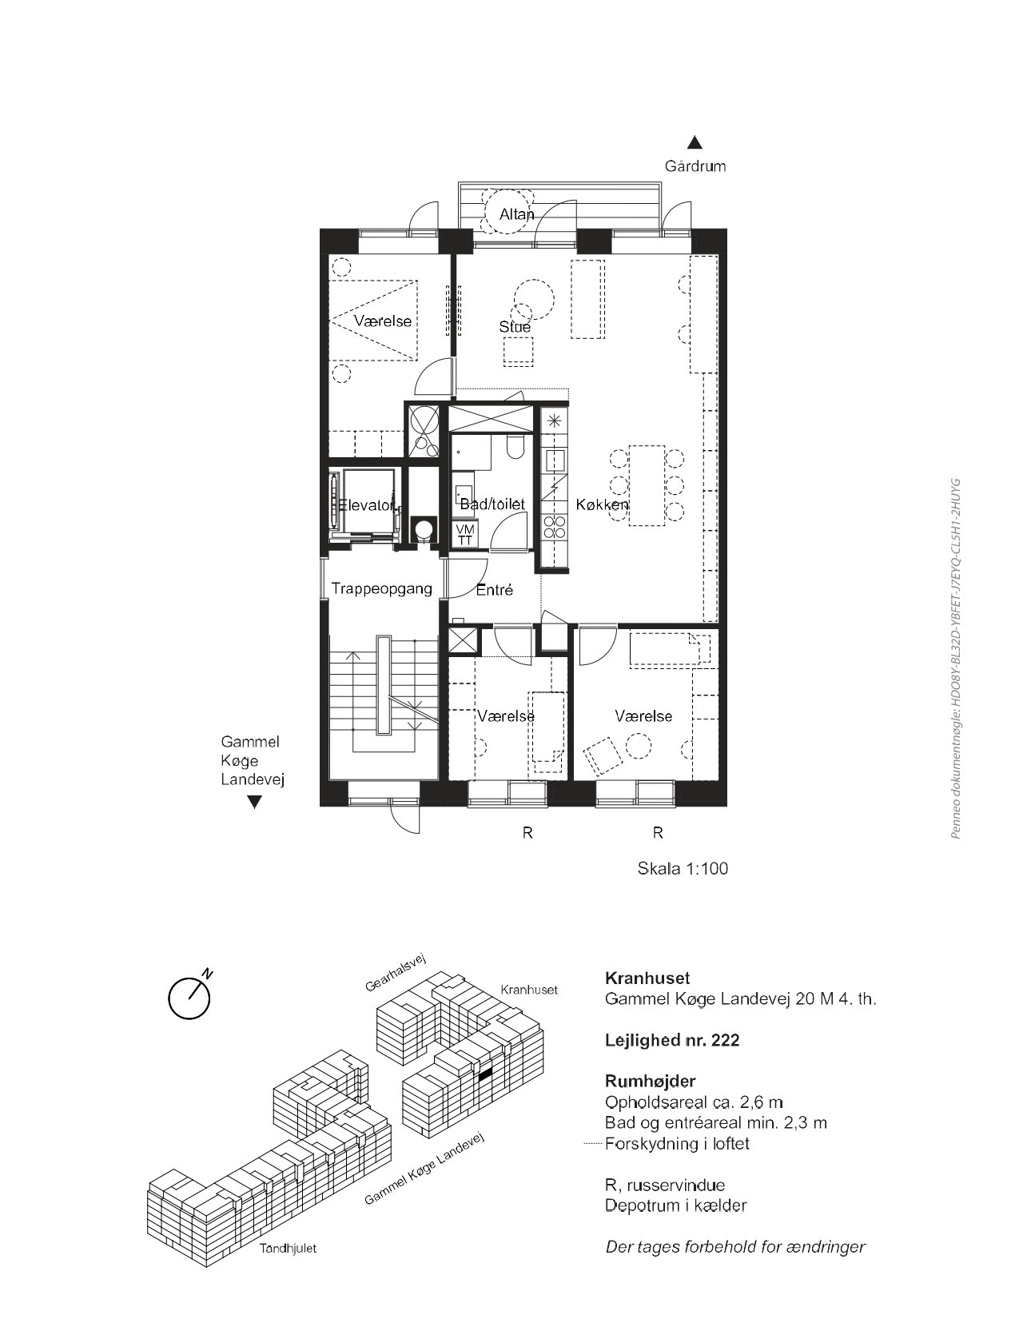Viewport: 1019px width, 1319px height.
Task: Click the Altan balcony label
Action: coord(516,214)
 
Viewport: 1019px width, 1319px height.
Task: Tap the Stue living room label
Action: coord(515,327)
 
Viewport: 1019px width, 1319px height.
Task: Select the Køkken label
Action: coord(602,504)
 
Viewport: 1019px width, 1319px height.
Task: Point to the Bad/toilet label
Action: coord(492,504)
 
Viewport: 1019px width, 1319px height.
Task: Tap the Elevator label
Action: coord(367,504)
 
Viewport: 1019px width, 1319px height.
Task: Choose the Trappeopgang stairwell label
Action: coord(382,589)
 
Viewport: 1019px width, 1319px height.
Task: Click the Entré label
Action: coord(495,589)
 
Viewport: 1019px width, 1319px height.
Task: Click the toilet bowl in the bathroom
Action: coord(515,448)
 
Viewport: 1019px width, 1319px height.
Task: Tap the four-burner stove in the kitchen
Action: coord(555,527)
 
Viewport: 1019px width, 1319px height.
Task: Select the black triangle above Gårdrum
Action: coord(695,142)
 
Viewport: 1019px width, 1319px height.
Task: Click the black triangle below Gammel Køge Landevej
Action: coord(254,803)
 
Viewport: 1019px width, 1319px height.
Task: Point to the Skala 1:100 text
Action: coord(683,869)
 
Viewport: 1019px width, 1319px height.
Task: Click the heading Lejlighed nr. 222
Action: coord(672,1040)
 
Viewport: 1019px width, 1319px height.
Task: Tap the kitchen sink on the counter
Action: coord(555,460)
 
